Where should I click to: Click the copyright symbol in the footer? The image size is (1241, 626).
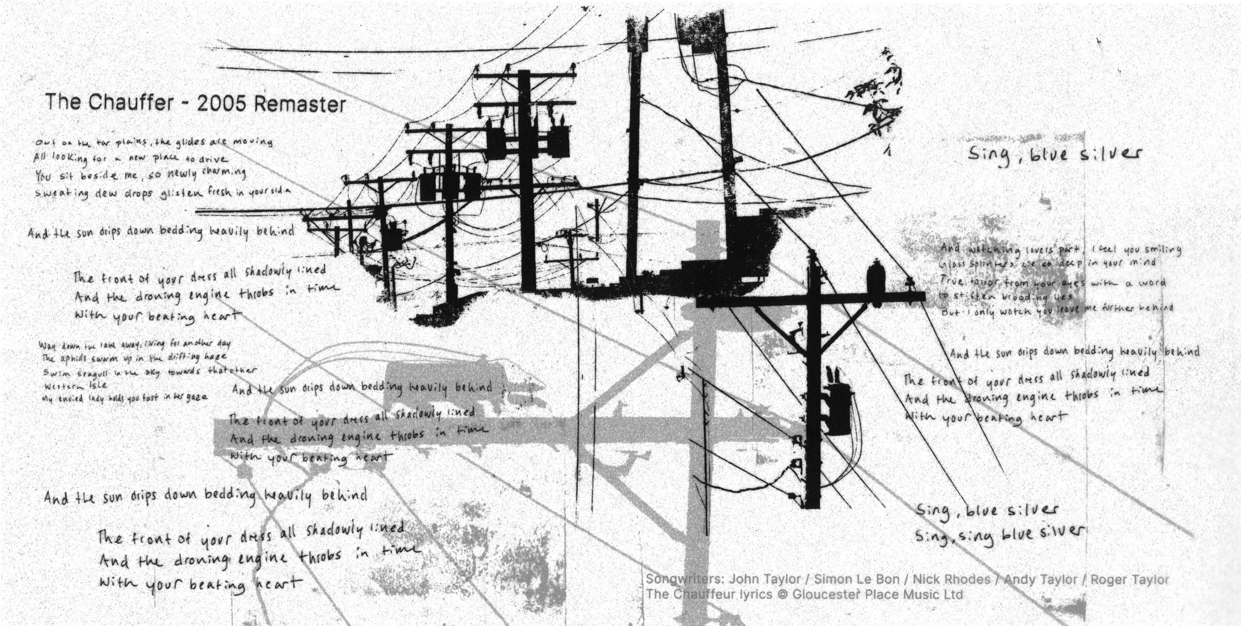click(782, 595)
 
